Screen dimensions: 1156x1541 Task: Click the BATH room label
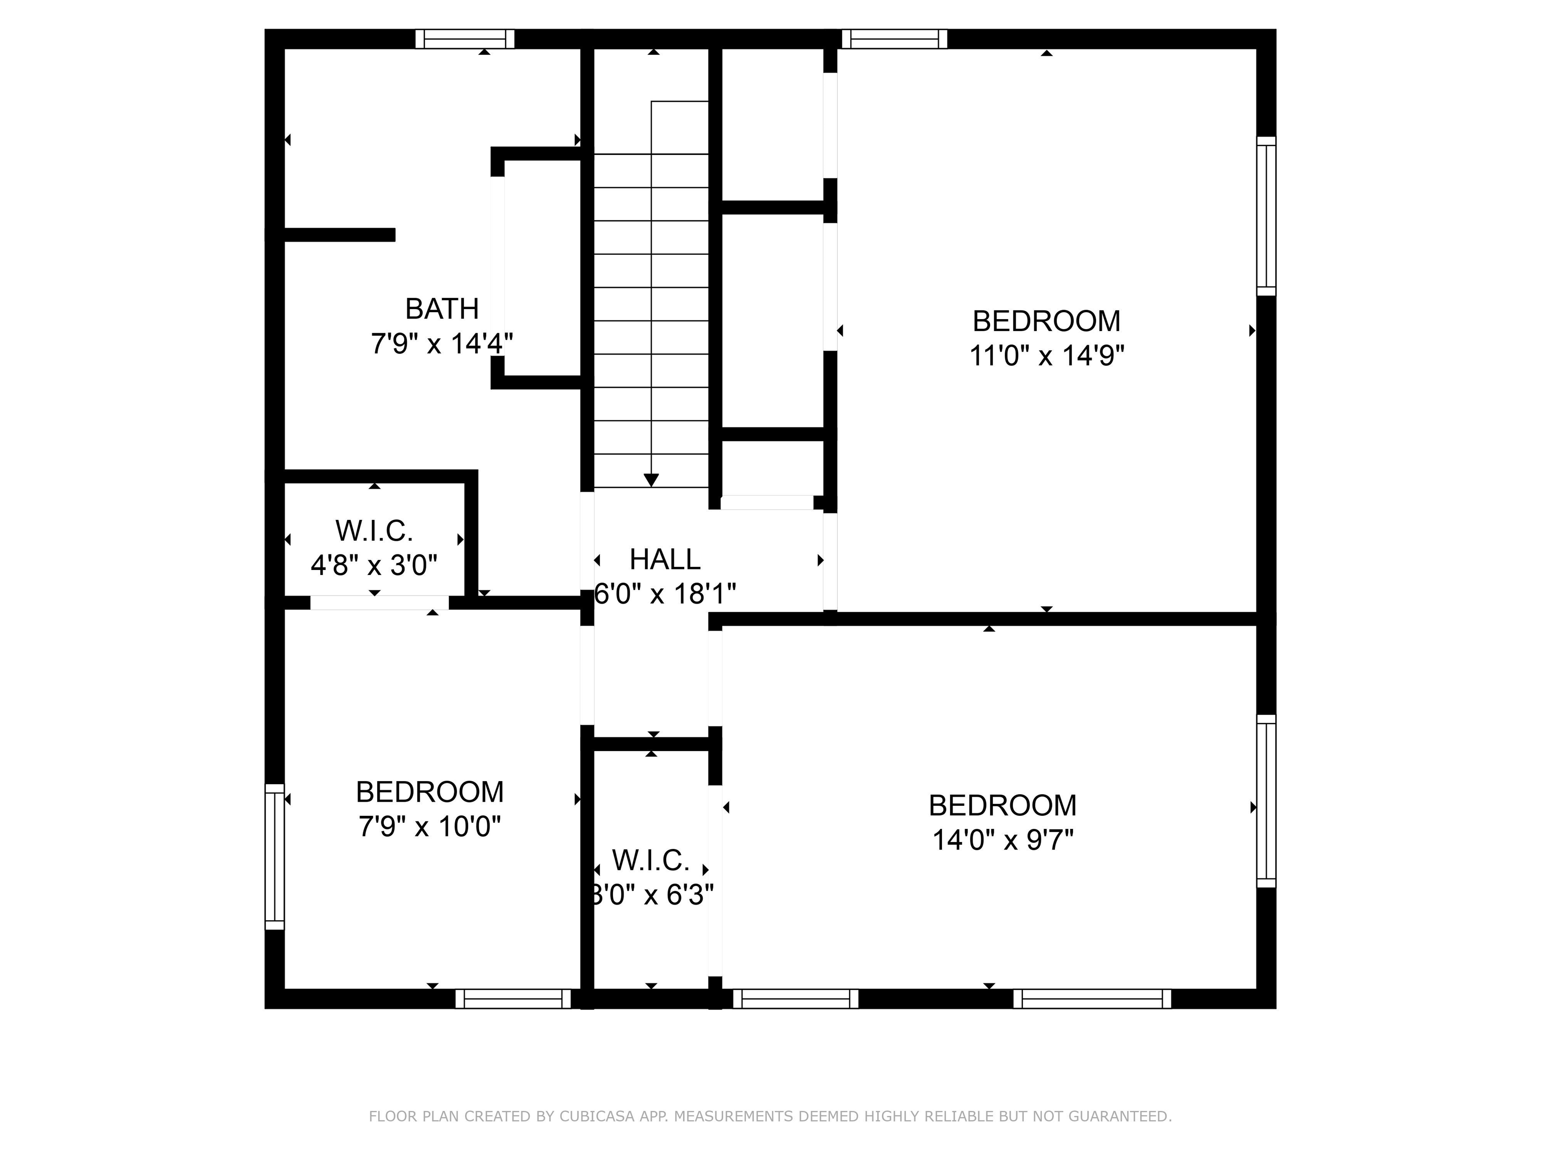[x=441, y=308]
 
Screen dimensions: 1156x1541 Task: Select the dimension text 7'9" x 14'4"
[x=441, y=344]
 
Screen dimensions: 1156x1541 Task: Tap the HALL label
[x=665, y=559]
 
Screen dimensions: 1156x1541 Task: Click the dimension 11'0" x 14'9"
[x=1046, y=356]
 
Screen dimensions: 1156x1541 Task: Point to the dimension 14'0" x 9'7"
[x=1002, y=840]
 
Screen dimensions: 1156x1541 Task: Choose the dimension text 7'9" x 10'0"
[x=430, y=827]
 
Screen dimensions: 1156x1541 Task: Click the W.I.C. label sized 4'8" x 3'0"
[x=374, y=531]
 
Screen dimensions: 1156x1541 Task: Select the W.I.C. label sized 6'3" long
[x=651, y=860]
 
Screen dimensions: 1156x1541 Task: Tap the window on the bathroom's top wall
[x=465, y=39]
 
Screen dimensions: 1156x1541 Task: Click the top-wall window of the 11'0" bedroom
[x=894, y=39]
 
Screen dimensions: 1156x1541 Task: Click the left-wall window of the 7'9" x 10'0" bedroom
[x=275, y=857]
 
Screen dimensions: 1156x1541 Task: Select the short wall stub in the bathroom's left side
[x=339, y=235]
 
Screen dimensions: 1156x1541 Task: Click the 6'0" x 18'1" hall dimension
[x=665, y=595]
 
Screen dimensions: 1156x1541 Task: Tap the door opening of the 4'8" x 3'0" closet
[x=379, y=603]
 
